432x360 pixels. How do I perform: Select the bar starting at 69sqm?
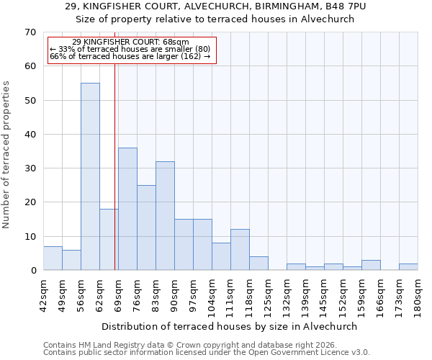pyautogui.click(x=127, y=209)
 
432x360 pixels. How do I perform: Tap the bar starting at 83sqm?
pyautogui.click(x=165, y=216)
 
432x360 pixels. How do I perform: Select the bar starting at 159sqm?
pyautogui.click(x=371, y=265)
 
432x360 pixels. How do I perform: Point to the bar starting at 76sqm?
pyautogui.click(x=146, y=228)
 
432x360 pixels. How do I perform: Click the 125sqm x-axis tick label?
pyautogui.click(x=268, y=294)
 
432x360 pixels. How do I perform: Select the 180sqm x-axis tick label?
pyautogui.click(x=418, y=294)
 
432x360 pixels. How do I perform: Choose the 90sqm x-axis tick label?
pyautogui.click(x=174, y=294)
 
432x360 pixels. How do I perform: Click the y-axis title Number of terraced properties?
pyautogui.click(x=7, y=155)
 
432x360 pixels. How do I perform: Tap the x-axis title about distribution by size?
pyautogui.click(x=230, y=326)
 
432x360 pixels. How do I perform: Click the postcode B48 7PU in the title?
pyautogui.click(x=330, y=6)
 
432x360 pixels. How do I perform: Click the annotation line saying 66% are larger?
pyautogui.click(x=130, y=56)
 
